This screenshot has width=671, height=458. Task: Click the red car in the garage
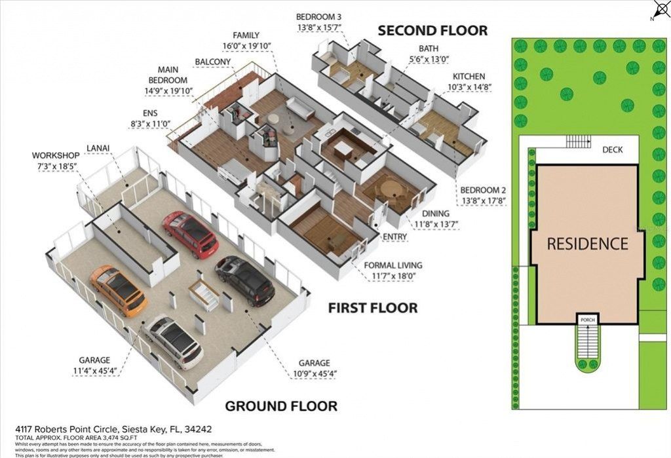[190, 234]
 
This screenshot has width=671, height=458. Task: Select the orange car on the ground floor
[118, 290]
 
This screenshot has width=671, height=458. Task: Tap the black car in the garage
[245, 281]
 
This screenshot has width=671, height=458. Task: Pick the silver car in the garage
[174, 341]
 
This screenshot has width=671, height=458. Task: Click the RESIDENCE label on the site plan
[587, 244]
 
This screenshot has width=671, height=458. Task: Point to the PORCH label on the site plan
[586, 320]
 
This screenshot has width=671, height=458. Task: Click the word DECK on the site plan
[612, 149]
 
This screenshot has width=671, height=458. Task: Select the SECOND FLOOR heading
[432, 30]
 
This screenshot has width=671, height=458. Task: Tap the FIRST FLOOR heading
[372, 307]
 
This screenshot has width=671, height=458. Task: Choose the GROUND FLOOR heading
[281, 406]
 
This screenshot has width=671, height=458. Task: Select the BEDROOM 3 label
[319, 16]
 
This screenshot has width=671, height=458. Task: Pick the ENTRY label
[395, 236]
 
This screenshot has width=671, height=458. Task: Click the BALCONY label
[212, 62]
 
